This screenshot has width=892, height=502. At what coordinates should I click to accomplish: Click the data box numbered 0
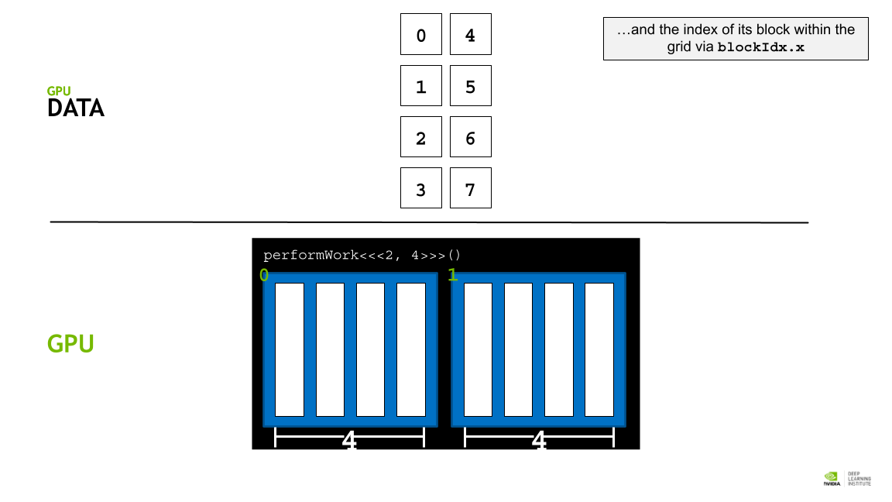point(421,34)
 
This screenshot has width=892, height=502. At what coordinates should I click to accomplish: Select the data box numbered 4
point(471,34)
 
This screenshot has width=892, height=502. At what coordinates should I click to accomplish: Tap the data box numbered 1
point(421,85)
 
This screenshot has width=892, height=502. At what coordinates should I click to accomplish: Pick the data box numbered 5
point(471,85)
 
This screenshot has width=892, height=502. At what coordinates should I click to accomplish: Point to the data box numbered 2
point(421,136)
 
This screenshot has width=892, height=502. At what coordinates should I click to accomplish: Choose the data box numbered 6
point(471,136)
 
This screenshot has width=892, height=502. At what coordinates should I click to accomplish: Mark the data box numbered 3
point(421,187)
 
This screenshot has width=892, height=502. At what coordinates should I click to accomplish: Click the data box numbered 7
point(471,187)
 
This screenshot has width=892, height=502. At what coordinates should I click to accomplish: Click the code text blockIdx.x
point(760,47)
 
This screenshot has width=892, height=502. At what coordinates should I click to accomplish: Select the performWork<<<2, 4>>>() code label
point(362,255)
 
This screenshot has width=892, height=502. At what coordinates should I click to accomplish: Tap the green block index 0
point(264,276)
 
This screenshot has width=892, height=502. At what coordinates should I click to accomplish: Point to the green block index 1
point(453,276)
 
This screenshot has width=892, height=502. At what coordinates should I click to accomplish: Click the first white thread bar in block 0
point(290,349)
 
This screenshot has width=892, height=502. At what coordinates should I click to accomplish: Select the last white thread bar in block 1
point(599,349)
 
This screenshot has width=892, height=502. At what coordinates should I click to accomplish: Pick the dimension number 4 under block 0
point(349,439)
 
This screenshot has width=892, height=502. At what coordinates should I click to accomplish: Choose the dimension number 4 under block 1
point(539,439)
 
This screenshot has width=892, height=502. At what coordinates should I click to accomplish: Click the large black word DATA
point(76,108)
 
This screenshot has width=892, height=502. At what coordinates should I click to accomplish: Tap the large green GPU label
point(70,344)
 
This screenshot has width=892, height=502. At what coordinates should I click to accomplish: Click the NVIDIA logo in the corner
point(832,479)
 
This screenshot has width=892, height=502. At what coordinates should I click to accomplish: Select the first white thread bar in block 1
point(479,349)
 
